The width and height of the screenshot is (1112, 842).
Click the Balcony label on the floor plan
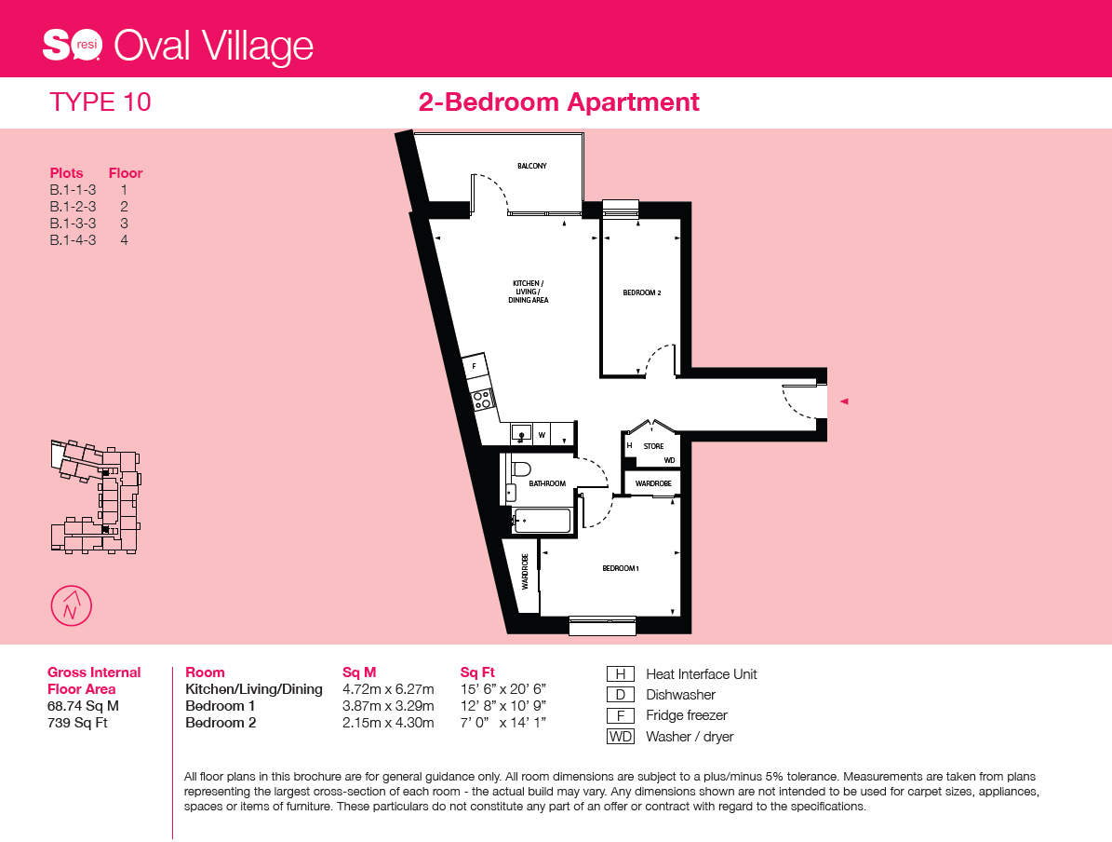[x=532, y=166]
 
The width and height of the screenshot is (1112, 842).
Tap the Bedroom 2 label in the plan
[x=642, y=292]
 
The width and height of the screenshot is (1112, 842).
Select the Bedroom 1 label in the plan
[x=621, y=568]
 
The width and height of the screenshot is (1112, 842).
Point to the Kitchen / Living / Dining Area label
[x=529, y=292]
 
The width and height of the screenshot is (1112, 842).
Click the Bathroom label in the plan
[x=547, y=483]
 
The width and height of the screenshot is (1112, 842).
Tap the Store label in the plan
[x=654, y=446]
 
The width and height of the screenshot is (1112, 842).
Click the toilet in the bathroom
[x=520, y=469]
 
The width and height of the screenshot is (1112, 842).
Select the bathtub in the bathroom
[x=542, y=521]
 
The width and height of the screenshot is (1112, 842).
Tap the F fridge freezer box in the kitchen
[x=475, y=366]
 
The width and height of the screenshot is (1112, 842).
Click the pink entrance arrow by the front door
[x=844, y=401]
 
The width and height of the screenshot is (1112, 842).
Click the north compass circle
[x=72, y=605]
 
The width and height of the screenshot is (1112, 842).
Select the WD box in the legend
[x=621, y=736]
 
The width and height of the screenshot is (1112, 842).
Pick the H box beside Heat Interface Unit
[x=621, y=673]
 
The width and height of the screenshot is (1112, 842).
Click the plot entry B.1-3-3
[x=73, y=223]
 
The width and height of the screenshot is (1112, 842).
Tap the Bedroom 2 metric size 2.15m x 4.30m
[x=388, y=723]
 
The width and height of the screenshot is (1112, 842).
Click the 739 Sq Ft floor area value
[x=77, y=723]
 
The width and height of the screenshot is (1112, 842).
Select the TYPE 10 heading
[x=100, y=102]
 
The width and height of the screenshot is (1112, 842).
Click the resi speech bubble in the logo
[x=87, y=46]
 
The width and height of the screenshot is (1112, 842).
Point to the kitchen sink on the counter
[x=521, y=432]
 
